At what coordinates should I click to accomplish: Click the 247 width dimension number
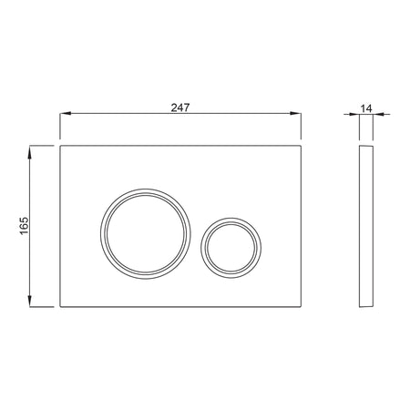click(x=180, y=108)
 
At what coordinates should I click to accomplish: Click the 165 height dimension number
click(x=24, y=225)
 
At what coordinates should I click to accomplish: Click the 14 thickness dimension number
click(x=366, y=108)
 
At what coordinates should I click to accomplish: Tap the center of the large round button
click(x=146, y=234)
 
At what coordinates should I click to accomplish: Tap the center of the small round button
click(x=231, y=248)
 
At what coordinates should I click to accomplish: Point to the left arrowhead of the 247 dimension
click(x=66, y=113)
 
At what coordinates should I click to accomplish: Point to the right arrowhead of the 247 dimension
click(x=295, y=113)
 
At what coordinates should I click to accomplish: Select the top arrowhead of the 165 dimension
click(x=30, y=152)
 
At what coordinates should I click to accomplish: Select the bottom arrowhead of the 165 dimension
click(x=30, y=302)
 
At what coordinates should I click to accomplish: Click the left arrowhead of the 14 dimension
click(x=354, y=114)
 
